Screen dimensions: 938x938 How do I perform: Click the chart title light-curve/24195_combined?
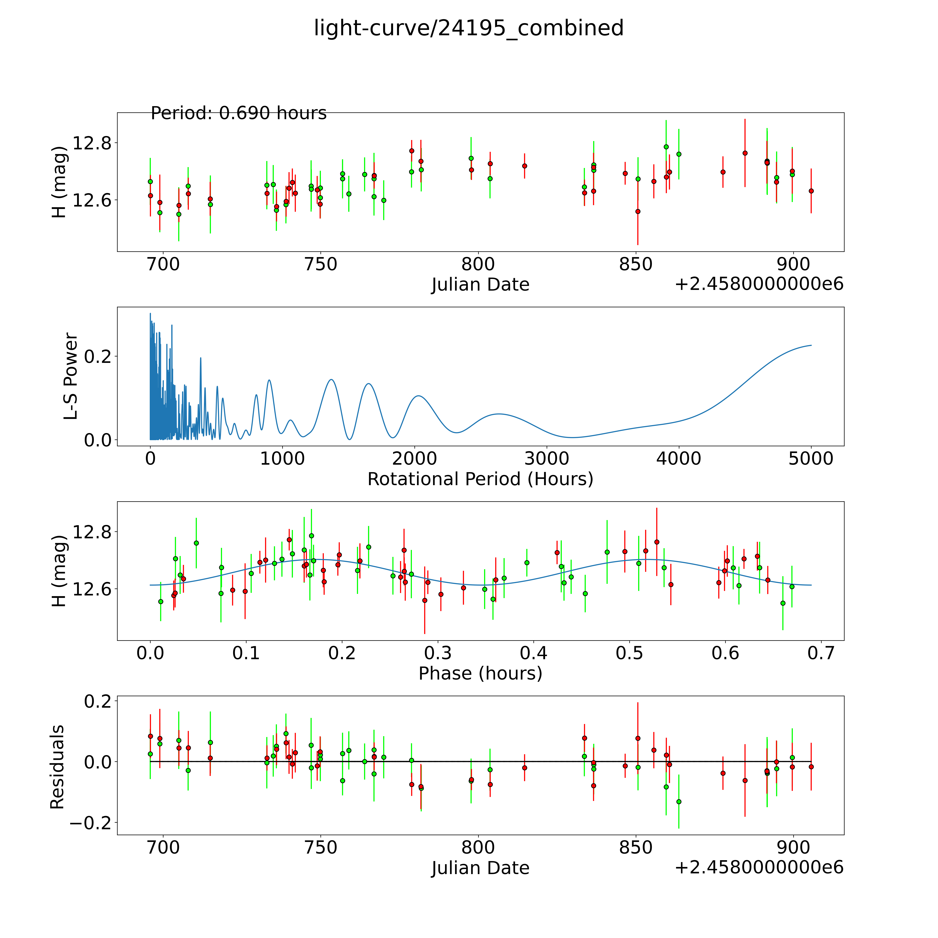coord(468,28)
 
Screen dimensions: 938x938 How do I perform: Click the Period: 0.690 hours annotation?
coord(238,113)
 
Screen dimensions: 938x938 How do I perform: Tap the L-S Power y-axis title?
coord(71,376)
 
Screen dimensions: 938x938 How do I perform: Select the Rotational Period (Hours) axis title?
coord(480,479)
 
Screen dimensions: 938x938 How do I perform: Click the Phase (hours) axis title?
coord(480,673)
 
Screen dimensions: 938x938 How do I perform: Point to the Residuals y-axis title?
coord(57,767)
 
